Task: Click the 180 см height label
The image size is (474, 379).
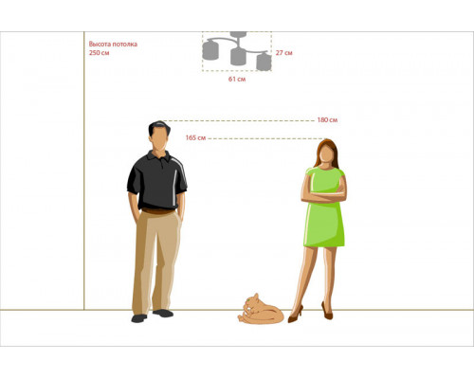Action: (x=327, y=120)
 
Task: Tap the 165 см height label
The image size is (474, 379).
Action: (x=195, y=138)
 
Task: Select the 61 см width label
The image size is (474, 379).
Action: (x=237, y=79)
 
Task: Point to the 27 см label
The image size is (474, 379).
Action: (x=283, y=53)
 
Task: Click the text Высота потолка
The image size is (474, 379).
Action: (x=113, y=44)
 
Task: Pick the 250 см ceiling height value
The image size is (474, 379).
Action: (x=99, y=53)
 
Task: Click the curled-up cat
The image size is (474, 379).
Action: (x=261, y=310)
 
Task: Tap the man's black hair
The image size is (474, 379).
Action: (x=159, y=127)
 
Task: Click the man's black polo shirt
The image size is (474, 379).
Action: (x=157, y=180)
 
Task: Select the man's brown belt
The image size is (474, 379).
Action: (x=157, y=211)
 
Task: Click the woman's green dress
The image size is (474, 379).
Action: (x=324, y=207)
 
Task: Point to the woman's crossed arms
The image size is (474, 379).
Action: (x=324, y=194)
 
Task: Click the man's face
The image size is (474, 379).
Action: (x=159, y=139)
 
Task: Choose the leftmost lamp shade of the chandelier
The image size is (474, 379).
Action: (x=210, y=50)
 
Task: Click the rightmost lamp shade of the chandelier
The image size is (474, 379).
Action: (x=264, y=62)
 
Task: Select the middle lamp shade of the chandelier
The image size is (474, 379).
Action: (x=238, y=57)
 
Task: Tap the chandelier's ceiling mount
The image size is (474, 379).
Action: (x=238, y=34)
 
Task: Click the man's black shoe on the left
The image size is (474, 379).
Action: (x=139, y=318)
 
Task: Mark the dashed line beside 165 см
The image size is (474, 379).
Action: (x=265, y=138)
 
